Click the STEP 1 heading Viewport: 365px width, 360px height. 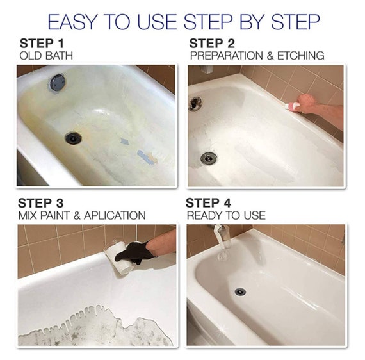coord(42,44)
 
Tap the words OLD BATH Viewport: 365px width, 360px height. coord(46,56)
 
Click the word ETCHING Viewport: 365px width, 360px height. coord(302,56)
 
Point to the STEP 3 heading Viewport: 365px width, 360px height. coord(42,203)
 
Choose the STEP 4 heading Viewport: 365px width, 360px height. coord(211,203)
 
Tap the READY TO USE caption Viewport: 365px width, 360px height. coord(226,215)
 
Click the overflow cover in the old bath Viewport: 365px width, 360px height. coord(58,81)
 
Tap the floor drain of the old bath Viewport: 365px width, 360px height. coord(74,137)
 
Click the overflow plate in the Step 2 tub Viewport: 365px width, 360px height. coord(195,103)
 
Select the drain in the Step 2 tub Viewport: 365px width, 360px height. coord(208,158)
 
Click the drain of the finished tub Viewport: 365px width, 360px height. coord(240,291)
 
